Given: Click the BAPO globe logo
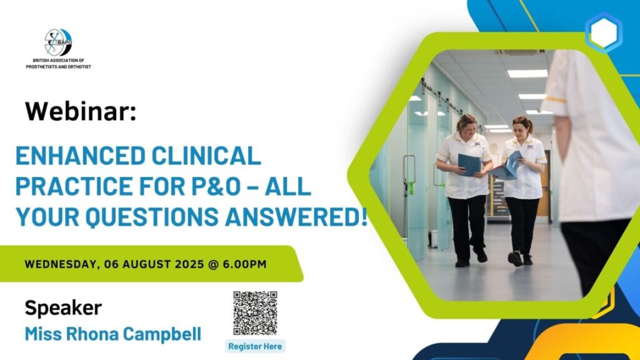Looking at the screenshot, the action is click(x=58, y=42).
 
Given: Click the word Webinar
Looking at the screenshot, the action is click(x=81, y=111).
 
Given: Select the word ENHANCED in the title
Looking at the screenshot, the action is click(x=81, y=156).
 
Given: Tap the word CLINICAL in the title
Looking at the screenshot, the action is click(x=206, y=156).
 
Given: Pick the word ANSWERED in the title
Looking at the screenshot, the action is click(x=292, y=217).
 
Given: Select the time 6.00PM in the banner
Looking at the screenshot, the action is click(x=244, y=264).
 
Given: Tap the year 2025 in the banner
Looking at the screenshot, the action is click(x=189, y=264).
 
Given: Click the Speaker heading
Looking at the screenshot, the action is click(x=63, y=308).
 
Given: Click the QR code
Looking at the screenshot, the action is click(x=255, y=313).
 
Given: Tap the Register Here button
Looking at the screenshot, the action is click(x=255, y=346).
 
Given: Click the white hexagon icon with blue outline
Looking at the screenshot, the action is click(x=604, y=32).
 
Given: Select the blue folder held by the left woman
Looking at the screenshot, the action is click(x=469, y=164).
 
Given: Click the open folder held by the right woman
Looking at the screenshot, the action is click(x=507, y=166).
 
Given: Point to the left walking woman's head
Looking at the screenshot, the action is click(x=466, y=124).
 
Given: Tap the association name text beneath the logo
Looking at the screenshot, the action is click(x=58, y=64).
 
